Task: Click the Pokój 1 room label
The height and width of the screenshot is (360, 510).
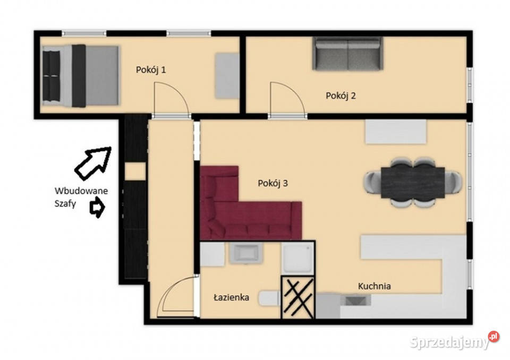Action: click(150, 70)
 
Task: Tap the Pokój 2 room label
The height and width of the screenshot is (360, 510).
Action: click(341, 96)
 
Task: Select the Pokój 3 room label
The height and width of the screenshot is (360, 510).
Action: click(273, 183)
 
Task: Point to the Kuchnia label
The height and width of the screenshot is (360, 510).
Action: click(375, 286)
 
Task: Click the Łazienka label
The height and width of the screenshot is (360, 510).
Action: click(231, 297)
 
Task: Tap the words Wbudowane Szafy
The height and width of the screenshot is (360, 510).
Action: click(81, 197)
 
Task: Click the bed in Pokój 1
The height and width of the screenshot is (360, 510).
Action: click(80, 76)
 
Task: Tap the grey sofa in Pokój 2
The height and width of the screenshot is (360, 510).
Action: click(347, 54)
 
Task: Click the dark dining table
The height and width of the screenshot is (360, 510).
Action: click(413, 183)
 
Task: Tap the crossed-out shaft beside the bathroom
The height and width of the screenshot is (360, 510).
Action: click(298, 297)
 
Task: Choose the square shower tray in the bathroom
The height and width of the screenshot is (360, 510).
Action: click(297, 258)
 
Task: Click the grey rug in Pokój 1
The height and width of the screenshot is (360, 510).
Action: click(227, 76)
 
